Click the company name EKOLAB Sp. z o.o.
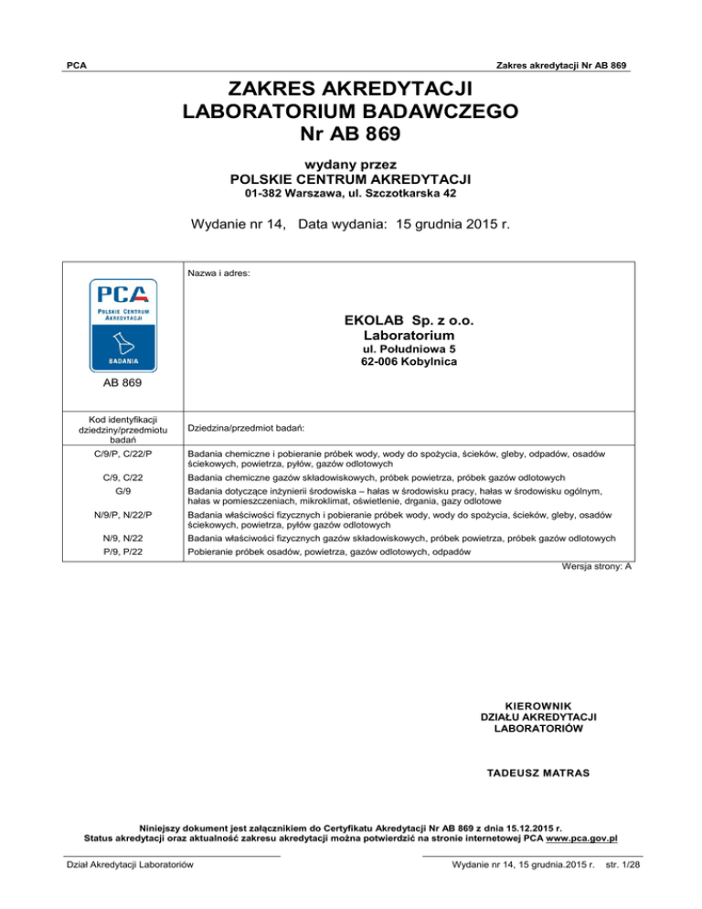[409, 322]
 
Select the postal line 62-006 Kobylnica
[409, 362]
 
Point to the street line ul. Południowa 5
[409, 349]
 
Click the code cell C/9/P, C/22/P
[122, 454]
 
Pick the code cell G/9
[122, 492]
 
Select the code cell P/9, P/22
[122, 553]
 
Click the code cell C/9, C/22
[122, 478]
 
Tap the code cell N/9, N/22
[122, 539]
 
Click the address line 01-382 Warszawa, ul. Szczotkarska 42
[351, 194]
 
